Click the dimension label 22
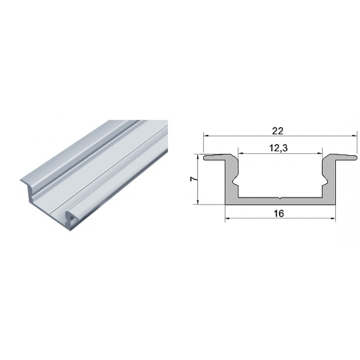tap(278, 131)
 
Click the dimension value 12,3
tap(278, 148)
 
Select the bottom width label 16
tap(279, 214)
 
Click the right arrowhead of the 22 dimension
tap(355, 136)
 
